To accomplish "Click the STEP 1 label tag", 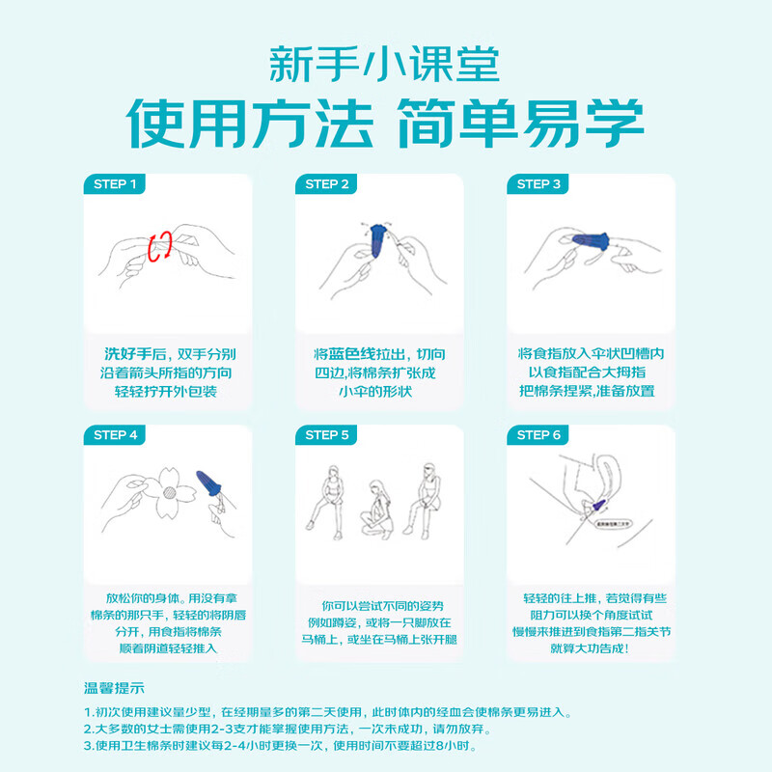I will coord(115,183).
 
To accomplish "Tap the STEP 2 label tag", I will coord(327,183).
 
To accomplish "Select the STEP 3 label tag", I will coord(538,183).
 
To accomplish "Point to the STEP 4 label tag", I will coord(115,435).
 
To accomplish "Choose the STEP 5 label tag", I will coord(327,435).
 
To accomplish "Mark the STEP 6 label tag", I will coord(538,435).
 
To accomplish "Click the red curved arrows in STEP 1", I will coord(160,245).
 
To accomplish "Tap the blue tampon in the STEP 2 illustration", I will coord(379,234).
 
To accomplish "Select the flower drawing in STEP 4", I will coord(169,489).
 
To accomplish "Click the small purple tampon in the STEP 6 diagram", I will coord(598,503).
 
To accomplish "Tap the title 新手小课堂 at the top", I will coord(385,65).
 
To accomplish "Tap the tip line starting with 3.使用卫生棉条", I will coord(280,746).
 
